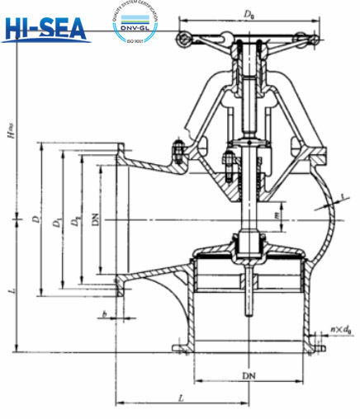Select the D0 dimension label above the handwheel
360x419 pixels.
click(x=248, y=14)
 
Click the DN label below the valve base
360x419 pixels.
click(x=248, y=375)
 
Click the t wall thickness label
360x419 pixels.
click(x=342, y=197)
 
